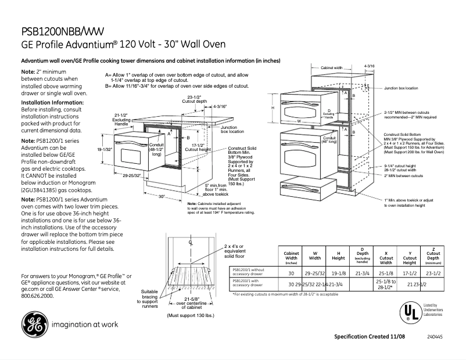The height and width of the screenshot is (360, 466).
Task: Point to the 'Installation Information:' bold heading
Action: coord(52,102)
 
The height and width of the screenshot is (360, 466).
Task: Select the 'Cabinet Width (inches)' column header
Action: coord(291,258)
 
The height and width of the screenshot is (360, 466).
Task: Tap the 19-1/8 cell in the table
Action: coord(338,273)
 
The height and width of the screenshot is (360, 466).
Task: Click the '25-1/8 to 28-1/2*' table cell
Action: coord(386,284)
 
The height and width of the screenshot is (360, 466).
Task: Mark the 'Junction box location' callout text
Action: coord(400,88)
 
